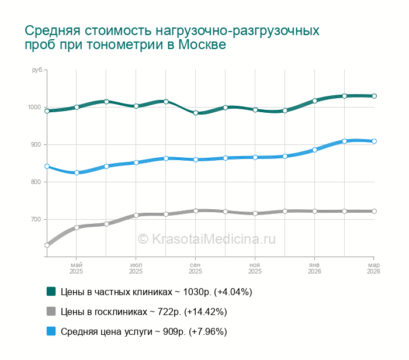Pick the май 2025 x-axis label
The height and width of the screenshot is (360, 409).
point(76,269)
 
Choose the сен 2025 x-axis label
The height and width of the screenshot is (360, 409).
point(195,269)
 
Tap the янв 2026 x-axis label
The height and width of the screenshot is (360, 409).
point(314,269)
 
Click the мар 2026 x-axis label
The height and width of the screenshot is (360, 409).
point(373,269)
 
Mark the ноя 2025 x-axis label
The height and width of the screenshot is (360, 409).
point(255,269)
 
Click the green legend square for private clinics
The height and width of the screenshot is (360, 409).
point(51,291)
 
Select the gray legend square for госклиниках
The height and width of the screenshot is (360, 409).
point(51,311)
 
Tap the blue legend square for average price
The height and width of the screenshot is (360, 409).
point(51,331)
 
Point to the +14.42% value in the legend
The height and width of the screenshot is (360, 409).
point(205,311)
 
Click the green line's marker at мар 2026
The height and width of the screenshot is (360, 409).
point(374,96)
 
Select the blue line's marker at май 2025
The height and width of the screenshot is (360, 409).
point(77,173)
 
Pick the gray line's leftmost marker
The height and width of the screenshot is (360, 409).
point(47,245)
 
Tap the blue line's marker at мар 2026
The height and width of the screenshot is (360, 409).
point(374,141)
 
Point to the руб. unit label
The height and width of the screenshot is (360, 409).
point(37,70)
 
